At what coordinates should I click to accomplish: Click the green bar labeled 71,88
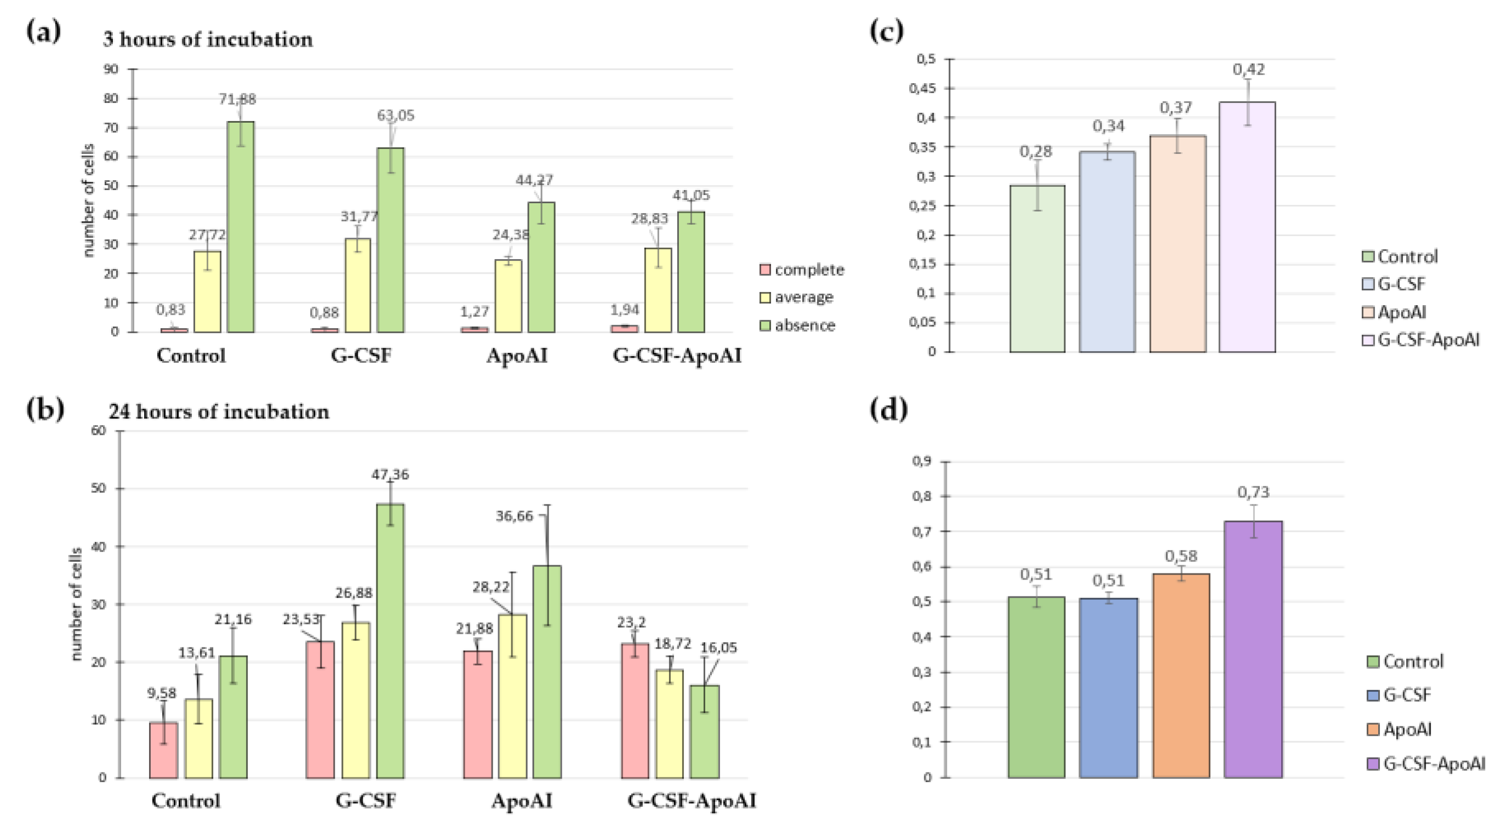(x=240, y=227)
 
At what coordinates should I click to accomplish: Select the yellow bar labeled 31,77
(x=357, y=285)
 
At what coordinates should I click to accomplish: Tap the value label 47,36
(x=390, y=475)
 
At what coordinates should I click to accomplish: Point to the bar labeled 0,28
(x=1037, y=268)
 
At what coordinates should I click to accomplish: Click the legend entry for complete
(x=802, y=270)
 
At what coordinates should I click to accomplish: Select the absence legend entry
(x=797, y=325)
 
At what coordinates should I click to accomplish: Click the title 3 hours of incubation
(x=208, y=39)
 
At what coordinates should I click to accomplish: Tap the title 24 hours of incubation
(x=219, y=412)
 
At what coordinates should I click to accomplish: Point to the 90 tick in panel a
(x=111, y=69)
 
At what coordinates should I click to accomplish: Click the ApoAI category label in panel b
(x=521, y=801)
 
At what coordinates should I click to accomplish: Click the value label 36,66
(x=513, y=517)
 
